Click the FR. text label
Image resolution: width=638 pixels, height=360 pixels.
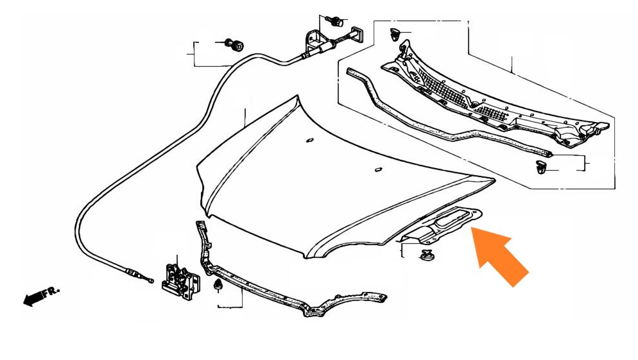click(x=52, y=293)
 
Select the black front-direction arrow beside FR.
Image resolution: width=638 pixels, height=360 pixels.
click(x=35, y=298)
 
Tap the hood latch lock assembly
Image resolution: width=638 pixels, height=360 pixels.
click(x=180, y=280)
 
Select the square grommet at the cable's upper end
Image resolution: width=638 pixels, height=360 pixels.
click(x=358, y=34)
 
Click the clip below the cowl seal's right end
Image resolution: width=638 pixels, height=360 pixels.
click(x=540, y=167)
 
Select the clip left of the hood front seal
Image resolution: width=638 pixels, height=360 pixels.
click(x=218, y=286)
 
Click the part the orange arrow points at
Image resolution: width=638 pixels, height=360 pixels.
click(x=440, y=226)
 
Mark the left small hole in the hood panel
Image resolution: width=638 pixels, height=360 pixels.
click(x=309, y=141)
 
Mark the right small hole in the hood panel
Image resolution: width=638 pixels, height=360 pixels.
click(x=379, y=169)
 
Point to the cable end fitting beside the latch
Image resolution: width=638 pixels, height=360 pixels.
click(x=140, y=275)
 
